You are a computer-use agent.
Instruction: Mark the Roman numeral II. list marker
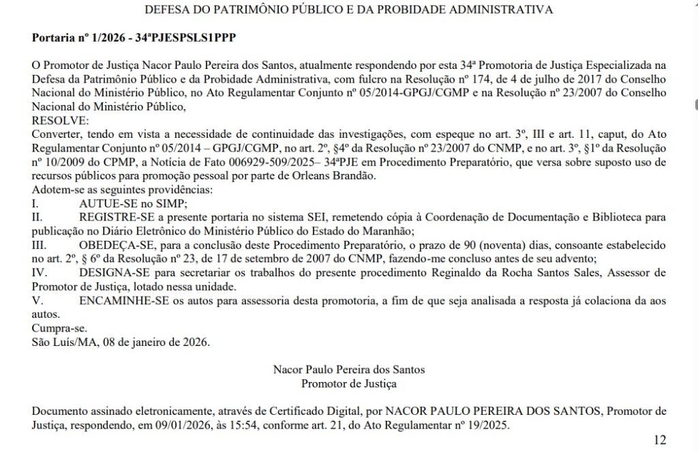[x=37, y=217]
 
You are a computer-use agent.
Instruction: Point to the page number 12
[x=659, y=439]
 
